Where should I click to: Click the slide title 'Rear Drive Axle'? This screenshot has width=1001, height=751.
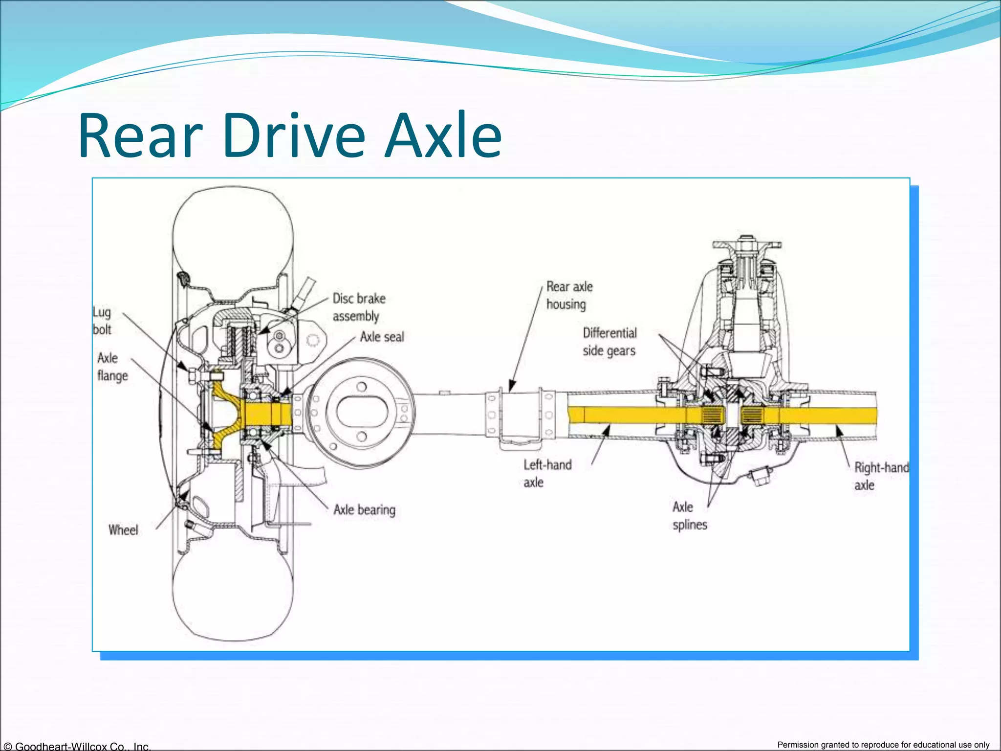290,135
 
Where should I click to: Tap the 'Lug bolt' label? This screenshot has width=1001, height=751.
102,321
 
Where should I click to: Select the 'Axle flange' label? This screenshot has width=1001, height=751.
112,367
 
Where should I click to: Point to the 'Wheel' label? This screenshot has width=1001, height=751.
123,530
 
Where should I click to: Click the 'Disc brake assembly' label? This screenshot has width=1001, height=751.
359,308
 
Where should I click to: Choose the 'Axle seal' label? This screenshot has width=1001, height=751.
382,337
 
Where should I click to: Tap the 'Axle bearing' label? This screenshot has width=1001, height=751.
364,510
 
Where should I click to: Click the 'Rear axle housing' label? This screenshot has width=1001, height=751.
569,295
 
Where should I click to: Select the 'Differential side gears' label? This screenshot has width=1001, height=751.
609,342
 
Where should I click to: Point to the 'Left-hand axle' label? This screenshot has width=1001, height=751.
547,473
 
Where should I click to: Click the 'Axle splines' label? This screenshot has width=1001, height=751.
689,516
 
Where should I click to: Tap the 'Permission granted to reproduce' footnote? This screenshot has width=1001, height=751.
883,745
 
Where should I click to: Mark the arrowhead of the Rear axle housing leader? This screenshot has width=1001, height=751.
511,388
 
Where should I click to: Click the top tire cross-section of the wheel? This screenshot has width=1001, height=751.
234,230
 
